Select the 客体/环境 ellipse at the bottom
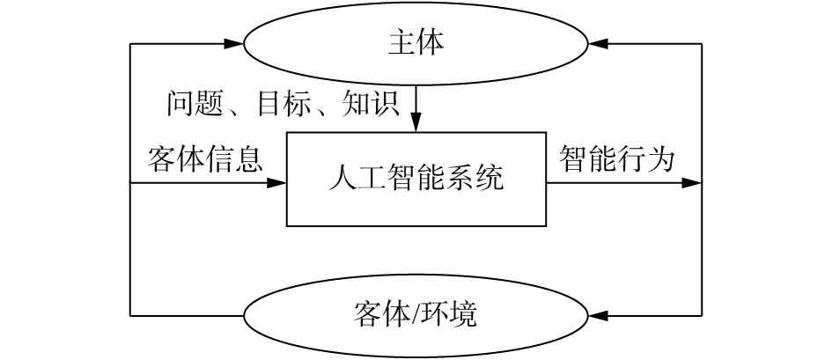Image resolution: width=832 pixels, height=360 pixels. pos(416,314)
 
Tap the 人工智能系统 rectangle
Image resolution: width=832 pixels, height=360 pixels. pos(416,180)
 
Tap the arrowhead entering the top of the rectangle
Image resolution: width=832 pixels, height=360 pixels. pos(416,126)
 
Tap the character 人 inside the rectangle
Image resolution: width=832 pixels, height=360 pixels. pos(340,180)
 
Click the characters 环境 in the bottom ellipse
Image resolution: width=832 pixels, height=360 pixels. pos(448,314)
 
